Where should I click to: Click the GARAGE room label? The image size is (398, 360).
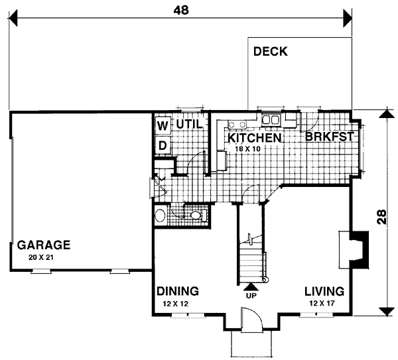click(x=44, y=243)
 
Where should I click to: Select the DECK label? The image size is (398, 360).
click(x=270, y=52)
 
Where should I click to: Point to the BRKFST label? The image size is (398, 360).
click(x=328, y=137)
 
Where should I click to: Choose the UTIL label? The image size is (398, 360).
click(x=189, y=123)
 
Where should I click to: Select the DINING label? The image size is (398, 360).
click(x=178, y=292)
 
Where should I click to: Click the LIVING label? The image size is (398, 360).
click(x=324, y=292)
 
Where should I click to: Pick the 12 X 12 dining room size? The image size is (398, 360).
click(x=178, y=303)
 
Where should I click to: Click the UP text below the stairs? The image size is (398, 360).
click(x=251, y=296)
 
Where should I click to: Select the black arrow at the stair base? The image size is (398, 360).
click(x=251, y=286)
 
